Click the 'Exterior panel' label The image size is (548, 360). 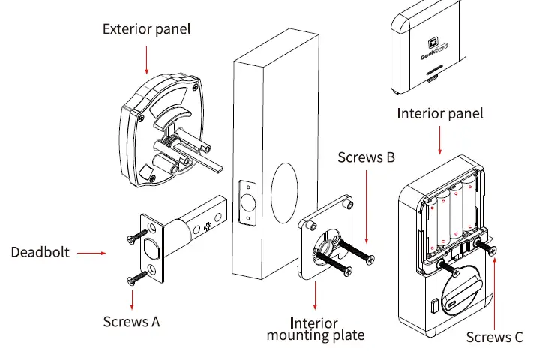click(146, 29)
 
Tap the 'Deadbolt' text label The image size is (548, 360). click(40, 252)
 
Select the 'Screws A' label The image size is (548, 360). click(131, 321)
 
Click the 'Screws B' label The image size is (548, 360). click(366, 157)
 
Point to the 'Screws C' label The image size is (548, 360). click(494, 337)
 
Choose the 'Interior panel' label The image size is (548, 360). click(440, 114)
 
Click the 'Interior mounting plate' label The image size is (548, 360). click(315, 328)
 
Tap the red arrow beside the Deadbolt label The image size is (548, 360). click(91, 253)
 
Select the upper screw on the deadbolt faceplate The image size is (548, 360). click(136, 235)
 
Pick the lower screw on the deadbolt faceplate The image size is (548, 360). click(135, 279)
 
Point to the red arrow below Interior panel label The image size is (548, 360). click(440, 139)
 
